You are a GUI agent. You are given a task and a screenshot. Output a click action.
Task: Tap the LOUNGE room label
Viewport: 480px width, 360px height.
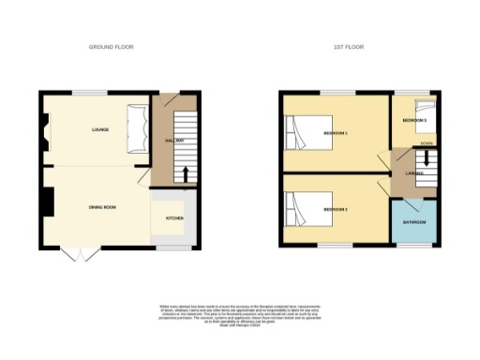[x=101, y=129]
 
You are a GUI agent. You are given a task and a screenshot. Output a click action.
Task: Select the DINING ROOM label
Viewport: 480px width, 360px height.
[x=102, y=207]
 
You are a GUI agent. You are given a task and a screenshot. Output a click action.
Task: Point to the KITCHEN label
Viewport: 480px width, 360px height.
[x=174, y=217]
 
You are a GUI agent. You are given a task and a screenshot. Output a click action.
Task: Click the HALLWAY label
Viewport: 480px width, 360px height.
[x=173, y=141]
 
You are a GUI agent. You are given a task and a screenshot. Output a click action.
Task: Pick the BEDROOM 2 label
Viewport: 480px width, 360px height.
[x=335, y=208]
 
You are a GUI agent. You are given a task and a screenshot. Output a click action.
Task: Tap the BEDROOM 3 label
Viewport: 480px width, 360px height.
[x=414, y=122]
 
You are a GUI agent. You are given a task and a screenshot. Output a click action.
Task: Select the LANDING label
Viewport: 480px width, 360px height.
[x=413, y=174]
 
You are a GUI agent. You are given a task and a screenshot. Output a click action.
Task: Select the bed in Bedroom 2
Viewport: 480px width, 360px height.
[x=299, y=205]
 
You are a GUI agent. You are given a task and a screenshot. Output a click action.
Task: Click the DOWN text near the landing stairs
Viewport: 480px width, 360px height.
[x=427, y=142]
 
